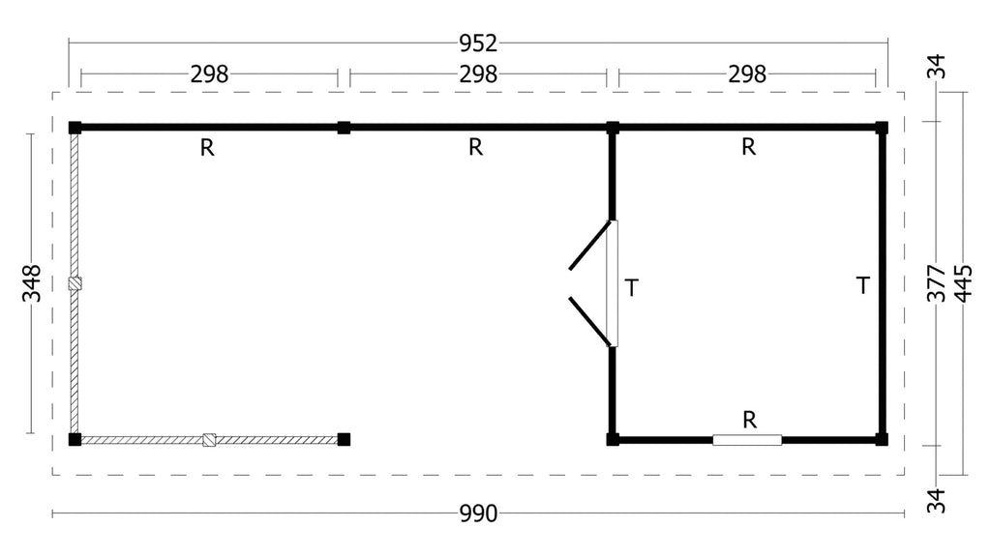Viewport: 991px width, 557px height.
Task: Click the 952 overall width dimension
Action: click(x=478, y=43)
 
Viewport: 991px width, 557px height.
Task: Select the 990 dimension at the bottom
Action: click(x=478, y=514)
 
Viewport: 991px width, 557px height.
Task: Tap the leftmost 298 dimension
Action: click(x=209, y=73)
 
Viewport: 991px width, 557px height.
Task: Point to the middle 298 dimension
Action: click(x=478, y=73)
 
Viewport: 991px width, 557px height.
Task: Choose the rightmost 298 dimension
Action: click(x=747, y=73)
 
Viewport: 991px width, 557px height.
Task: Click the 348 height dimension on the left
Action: click(x=31, y=283)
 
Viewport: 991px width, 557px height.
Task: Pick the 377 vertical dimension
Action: click(x=936, y=283)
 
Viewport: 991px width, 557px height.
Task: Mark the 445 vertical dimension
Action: click(x=963, y=283)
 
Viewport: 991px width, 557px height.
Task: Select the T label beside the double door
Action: click(x=631, y=288)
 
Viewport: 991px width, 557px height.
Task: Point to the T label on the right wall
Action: click(x=862, y=285)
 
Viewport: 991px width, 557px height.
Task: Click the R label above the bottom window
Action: click(x=750, y=420)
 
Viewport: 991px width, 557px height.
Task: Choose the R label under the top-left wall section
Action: click(x=207, y=148)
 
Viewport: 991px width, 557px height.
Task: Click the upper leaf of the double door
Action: click(x=591, y=245)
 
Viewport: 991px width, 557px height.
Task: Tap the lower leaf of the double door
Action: click(x=591, y=321)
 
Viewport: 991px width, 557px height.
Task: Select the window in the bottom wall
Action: click(x=747, y=440)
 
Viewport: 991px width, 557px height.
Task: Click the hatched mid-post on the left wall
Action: click(x=75, y=283)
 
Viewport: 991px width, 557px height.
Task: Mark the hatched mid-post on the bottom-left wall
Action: click(x=209, y=440)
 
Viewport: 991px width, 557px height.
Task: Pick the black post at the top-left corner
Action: click(x=75, y=128)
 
